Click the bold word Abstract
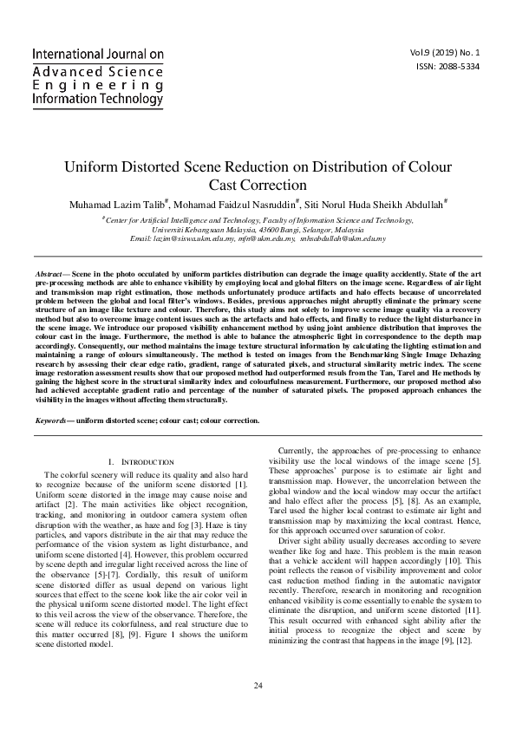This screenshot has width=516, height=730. pos(49,272)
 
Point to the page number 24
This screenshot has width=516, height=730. pos(258,685)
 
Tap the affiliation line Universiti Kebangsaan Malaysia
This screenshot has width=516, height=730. pos(258,230)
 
